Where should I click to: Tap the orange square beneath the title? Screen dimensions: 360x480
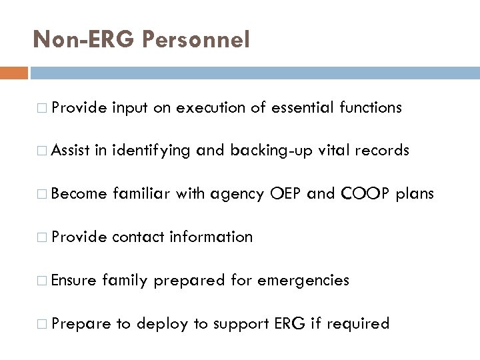(x=14, y=71)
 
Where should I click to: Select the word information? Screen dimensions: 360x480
(x=211, y=237)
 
